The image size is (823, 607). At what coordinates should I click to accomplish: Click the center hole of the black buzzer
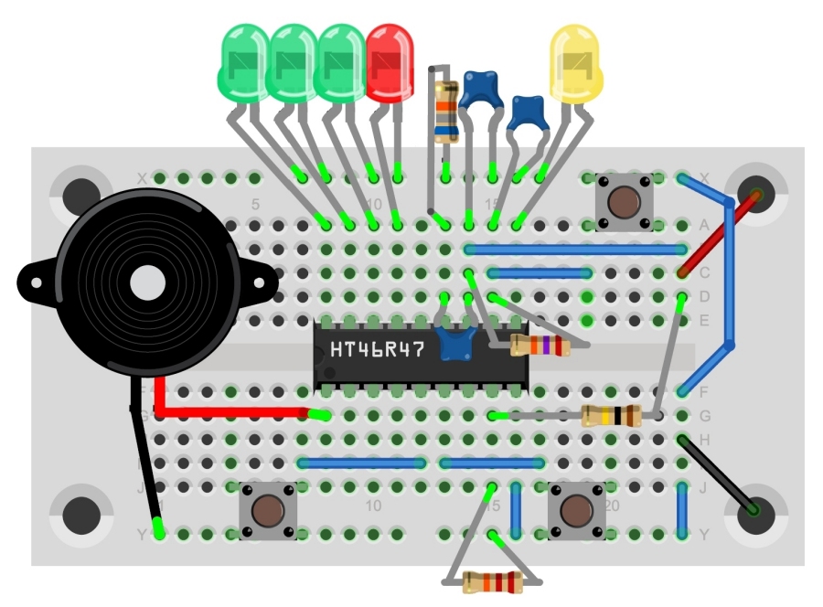pyautogui.click(x=144, y=282)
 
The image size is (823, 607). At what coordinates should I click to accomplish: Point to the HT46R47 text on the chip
pyautogui.click(x=377, y=350)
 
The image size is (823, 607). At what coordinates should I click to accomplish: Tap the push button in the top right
pyautogui.click(x=622, y=200)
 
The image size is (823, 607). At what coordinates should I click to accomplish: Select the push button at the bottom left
pyautogui.click(x=266, y=510)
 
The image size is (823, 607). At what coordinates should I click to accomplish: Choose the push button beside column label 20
pyautogui.click(x=576, y=510)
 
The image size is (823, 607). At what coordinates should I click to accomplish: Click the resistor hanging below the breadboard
pyautogui.click(x=491, y=580)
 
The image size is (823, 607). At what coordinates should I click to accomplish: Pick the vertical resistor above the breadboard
pyautogui.click(x=446, y=112)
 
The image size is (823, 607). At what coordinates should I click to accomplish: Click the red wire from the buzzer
pyautogui.click(x=229, y=411)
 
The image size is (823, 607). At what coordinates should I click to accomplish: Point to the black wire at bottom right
pyautogui.click(x=718, y=475)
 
